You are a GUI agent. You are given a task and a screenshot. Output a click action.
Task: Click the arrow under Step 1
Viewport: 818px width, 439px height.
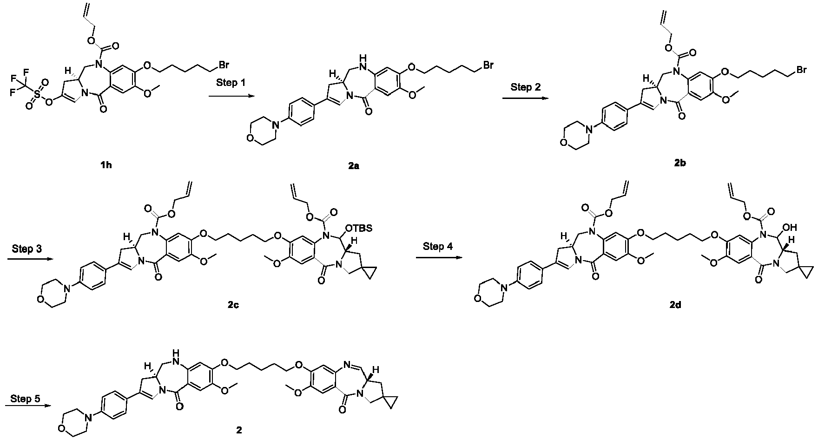pos(231,96)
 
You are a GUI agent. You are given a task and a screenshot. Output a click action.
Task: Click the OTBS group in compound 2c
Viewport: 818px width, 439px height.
pos(363,228)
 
